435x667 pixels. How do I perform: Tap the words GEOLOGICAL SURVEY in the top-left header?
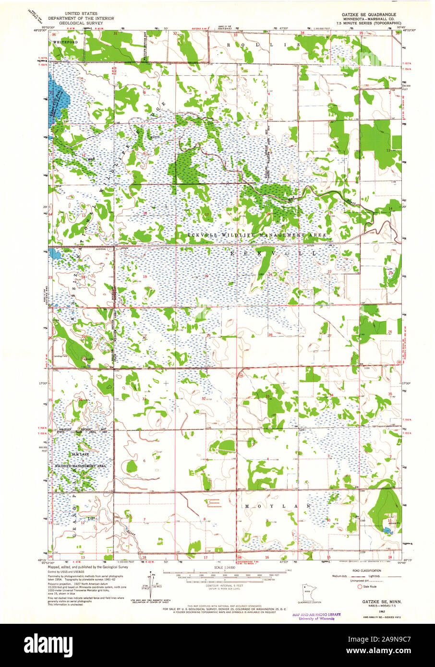tap(87, 23)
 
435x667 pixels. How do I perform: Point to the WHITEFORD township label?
tap(65, 43)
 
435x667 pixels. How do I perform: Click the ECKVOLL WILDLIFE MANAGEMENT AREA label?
tap(253, 235)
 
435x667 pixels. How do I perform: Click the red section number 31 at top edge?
tap(115, 34)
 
